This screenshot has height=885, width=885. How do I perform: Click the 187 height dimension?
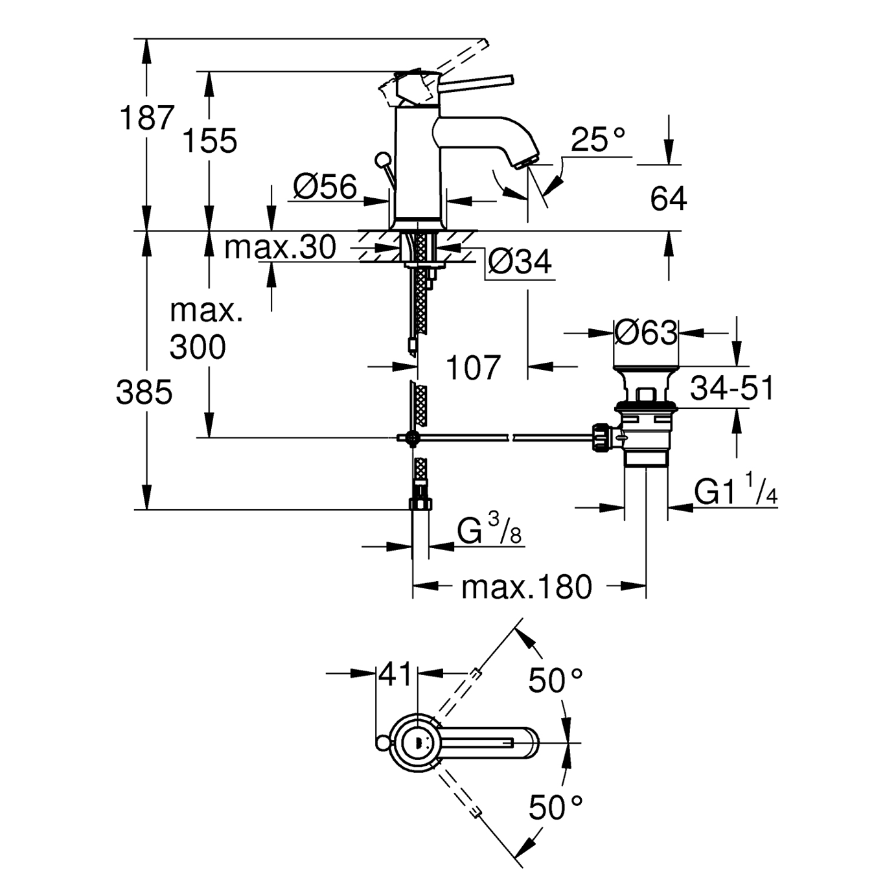point(147,118)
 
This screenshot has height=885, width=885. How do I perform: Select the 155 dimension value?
point(209,141)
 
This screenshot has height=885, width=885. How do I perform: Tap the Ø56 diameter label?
point(325,187)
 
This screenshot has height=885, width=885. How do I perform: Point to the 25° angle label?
point(599,139)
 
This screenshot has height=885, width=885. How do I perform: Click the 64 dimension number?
point(668,198)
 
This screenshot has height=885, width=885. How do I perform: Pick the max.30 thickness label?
point(280,247)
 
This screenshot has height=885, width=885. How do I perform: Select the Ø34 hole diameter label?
point(520,262)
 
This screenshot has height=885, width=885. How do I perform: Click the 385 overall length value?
point(144,392)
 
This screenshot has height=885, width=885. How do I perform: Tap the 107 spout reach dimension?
point(473,367)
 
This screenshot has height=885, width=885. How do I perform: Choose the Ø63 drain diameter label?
point(645,333)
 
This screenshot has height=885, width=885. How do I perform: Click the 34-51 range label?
point(732,389)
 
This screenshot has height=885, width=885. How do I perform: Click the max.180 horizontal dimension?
point(527,587)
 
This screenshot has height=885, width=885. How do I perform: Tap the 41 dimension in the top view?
point(395,674)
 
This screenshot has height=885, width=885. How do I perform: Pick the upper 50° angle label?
point(555,680)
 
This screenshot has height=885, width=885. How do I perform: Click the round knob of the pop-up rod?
point(383,159)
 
